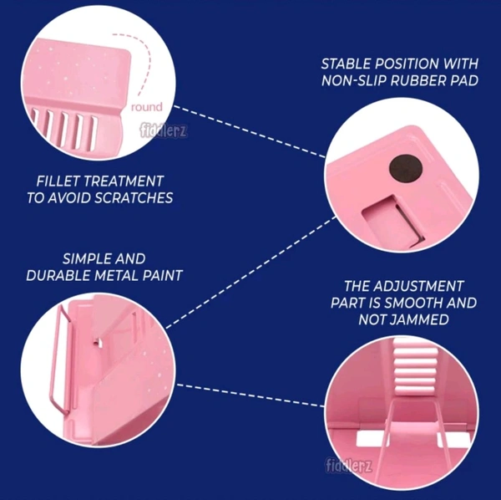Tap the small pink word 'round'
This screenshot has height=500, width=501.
(x=147, y=107)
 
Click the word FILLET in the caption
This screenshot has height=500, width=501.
(x=58, y=181)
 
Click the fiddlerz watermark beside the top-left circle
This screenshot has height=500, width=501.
(x=164, y=130)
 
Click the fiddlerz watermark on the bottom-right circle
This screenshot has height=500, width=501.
(x=348, y=465)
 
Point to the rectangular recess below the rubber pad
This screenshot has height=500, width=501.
(x=393, y=221)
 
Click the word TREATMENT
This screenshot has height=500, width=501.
(x=123, y=181)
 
